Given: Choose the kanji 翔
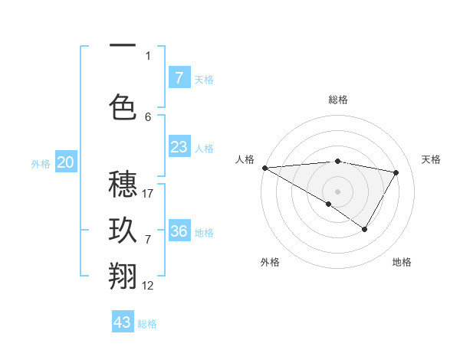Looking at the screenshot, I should pos(123,276).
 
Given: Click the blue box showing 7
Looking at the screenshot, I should pos(179,77).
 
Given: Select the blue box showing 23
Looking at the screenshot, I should pos(179,147).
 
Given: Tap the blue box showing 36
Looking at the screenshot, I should pos(179,231).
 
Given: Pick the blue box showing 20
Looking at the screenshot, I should pos(66,162).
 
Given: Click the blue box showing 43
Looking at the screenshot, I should pos(123,322).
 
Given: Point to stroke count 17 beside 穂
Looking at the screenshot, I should pos(148,194).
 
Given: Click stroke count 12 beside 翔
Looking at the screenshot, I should pos(148,285).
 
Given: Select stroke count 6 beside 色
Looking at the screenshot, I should pos(148,116).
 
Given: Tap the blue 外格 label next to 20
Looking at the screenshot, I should pos(41,163).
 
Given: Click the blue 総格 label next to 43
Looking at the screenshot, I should pos(147,324).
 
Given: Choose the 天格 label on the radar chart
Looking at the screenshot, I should pos(431,159).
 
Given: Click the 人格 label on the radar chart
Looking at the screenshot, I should pos(245,159).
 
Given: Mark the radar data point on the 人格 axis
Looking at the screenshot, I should pos(264,168).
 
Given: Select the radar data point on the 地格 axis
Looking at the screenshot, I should pos(365,229).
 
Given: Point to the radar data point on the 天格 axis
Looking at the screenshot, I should pos(396,172).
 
